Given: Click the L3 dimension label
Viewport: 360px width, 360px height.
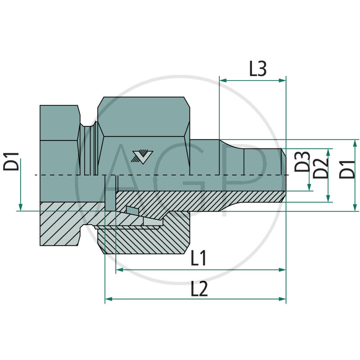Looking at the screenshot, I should (258, 69).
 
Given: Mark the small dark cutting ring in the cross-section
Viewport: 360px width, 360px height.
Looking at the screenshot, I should (132, 210).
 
